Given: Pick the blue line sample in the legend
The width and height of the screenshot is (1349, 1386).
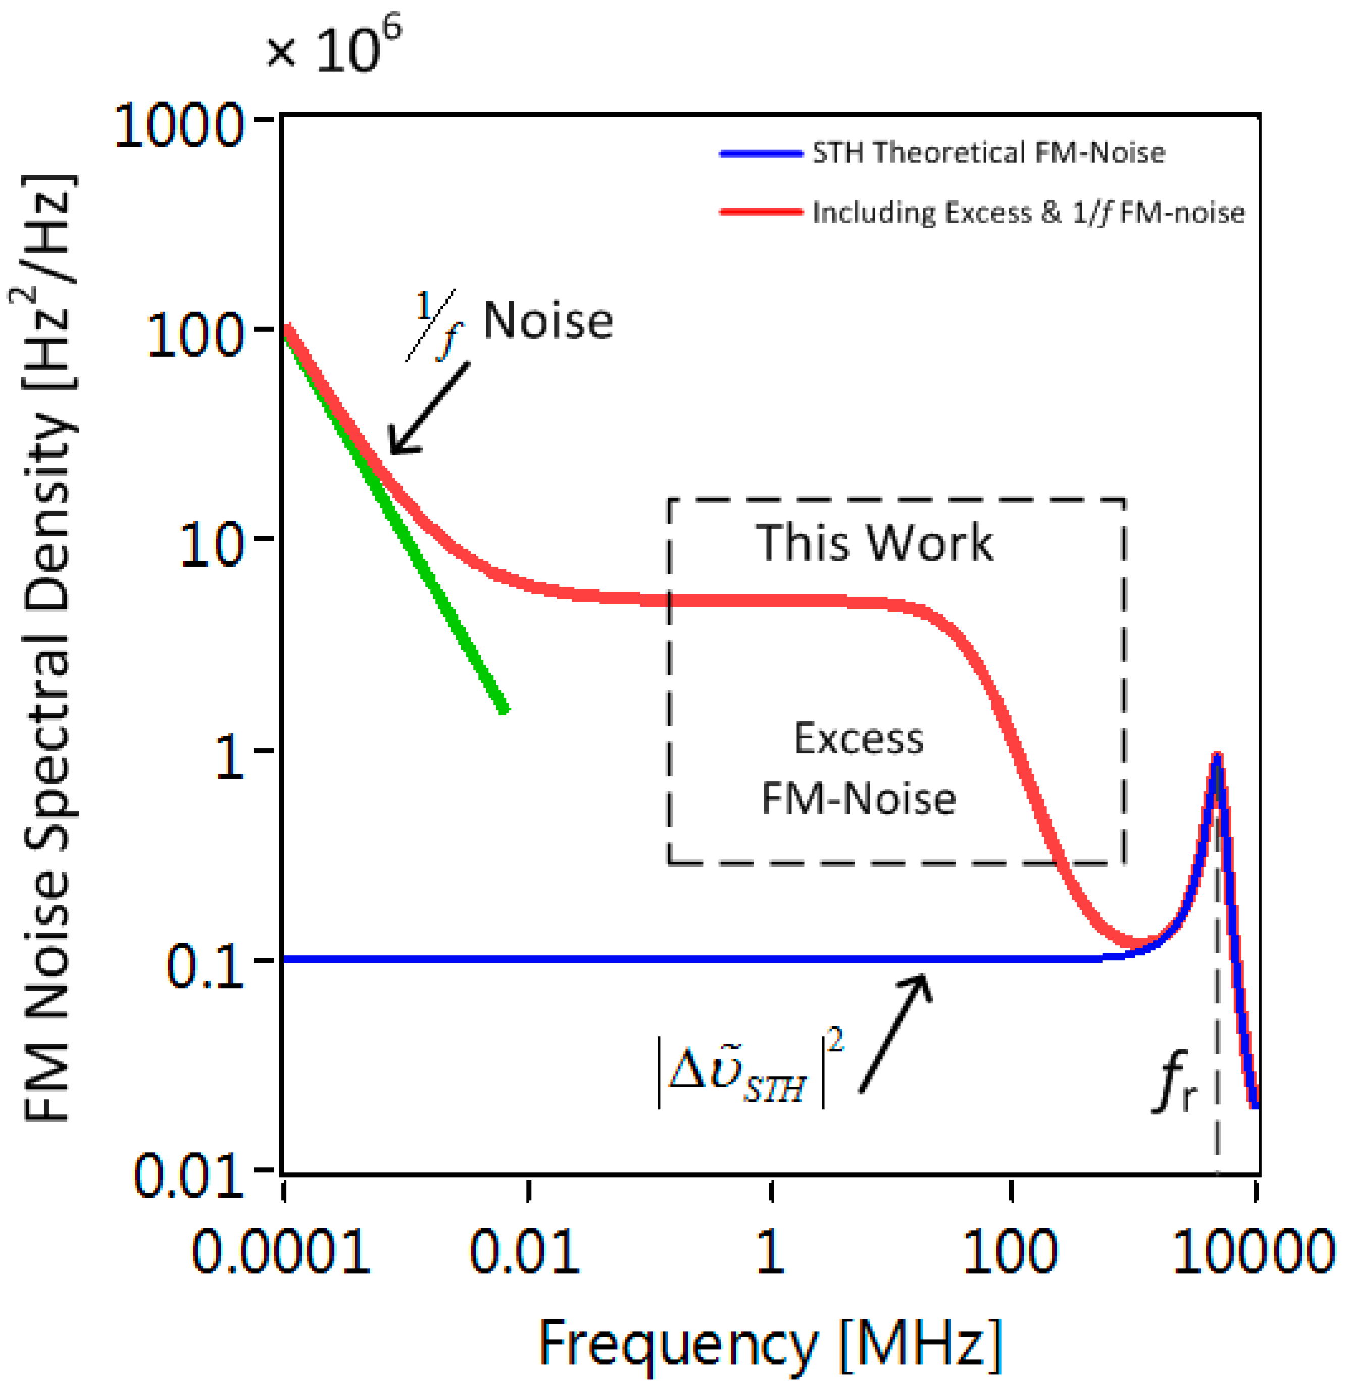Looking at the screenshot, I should (x=760, y=153).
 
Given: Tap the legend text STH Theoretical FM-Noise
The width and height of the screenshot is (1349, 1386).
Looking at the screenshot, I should (x=988, y=153).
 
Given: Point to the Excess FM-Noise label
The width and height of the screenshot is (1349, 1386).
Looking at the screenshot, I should (x=859, y=768).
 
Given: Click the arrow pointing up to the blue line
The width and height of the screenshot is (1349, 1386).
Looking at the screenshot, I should (x=895, y=1032).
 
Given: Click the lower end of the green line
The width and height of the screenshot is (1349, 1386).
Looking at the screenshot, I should (x=503, y=709).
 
